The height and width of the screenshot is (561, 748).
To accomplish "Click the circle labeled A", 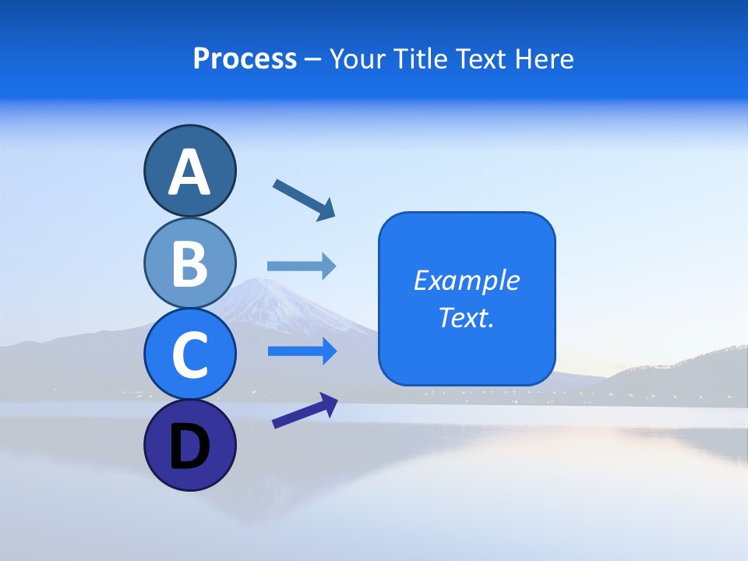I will click(x=189, y=171).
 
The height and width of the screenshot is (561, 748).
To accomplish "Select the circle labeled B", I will click(x=189, y=263).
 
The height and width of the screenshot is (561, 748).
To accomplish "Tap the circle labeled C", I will click(x=189, y=354).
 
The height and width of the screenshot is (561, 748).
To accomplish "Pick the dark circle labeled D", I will click(x=189, y=446).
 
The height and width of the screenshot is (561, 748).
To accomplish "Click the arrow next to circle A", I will click(x=304, y=199).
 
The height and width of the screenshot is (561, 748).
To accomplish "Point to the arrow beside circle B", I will click(x=302, y=266).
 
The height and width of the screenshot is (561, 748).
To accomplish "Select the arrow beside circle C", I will click(x=302, y=351).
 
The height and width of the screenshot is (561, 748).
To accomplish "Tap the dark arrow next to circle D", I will click(x=305, y=411).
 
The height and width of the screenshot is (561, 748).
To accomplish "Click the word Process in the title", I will click(x=245, y=59).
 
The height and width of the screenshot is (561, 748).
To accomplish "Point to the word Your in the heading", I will click(x=357, y=59).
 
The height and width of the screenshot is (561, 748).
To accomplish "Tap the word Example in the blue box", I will click(x=467, y=280).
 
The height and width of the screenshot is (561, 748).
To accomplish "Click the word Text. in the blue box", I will click(x=467, y=318).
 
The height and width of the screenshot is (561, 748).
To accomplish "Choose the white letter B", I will click(x=189, y=263).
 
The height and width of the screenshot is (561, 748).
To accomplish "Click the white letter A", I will click(x=189, y=171).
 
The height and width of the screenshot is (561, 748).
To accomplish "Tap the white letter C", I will click(x=189, y=354).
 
